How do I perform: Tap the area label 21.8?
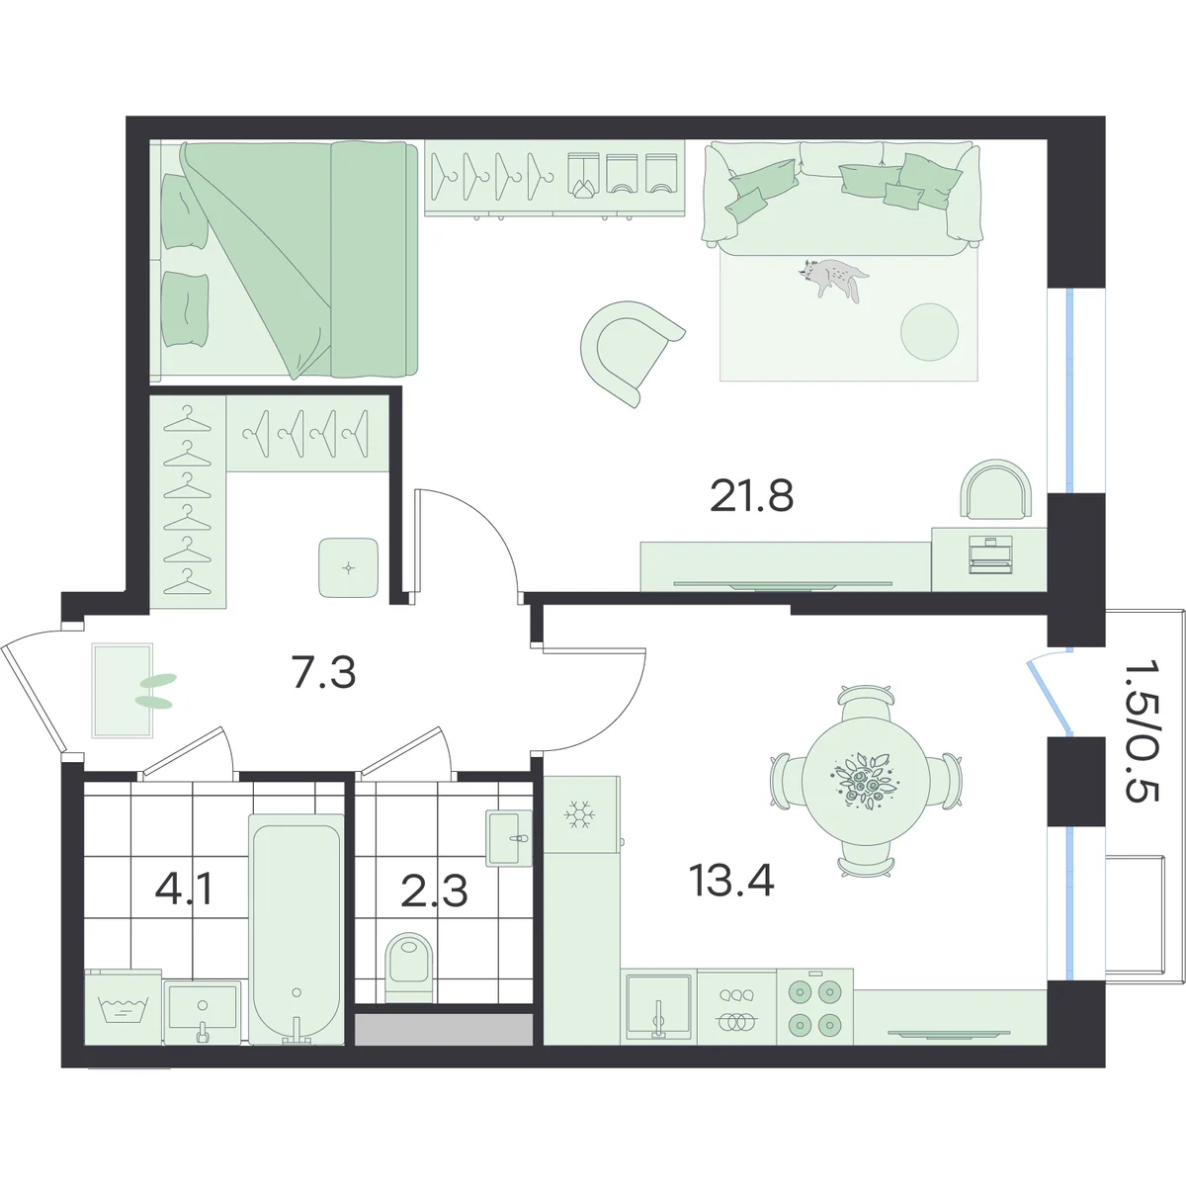tap(751, 497)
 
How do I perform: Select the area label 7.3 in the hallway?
tap(324, 673)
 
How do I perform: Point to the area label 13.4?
tap(731, 881)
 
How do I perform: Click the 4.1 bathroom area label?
tap(184, 889)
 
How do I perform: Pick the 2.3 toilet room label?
tap(434, 891)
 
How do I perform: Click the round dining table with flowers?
tap(864, 781)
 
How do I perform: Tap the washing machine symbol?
tap(124, 1007)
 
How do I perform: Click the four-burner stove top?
tap(814, 1007)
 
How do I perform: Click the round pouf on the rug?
tap(929, 332)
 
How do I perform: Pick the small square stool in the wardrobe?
tap(348, 567)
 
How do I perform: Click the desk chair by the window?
tap(995, 488)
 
